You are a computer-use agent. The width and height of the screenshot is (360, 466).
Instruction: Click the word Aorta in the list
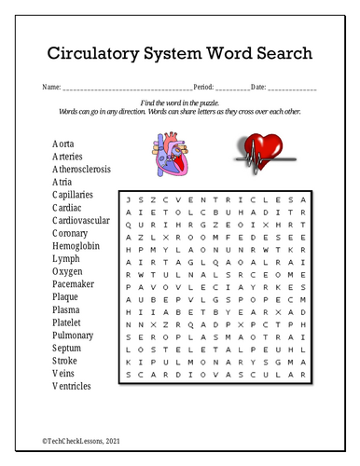(x=63, y=144)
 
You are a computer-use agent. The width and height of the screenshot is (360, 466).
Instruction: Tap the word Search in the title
(x=281, y=53)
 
